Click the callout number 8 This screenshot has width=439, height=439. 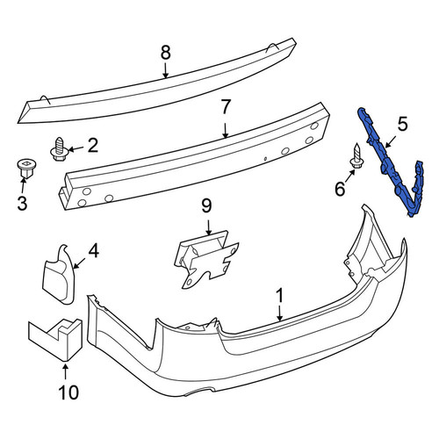point(166,53)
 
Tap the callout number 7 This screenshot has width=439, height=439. point(226,106)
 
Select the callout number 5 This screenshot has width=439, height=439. point(402,124)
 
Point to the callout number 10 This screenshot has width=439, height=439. point(68,392)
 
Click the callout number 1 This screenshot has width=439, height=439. point(280,296)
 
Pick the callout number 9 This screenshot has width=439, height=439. point(206,206)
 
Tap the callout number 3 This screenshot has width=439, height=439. point(23,203)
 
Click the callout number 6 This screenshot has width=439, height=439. point(340,189)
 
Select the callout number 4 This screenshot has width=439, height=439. point(94,251)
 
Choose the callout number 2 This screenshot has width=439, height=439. point(93,146)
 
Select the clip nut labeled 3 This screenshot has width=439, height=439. point(26,169)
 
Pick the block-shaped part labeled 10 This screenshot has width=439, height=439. point(55,340)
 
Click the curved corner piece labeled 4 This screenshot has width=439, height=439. point(60,275)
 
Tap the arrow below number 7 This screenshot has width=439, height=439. point(225,130)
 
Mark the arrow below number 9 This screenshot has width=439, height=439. point(208,228)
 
